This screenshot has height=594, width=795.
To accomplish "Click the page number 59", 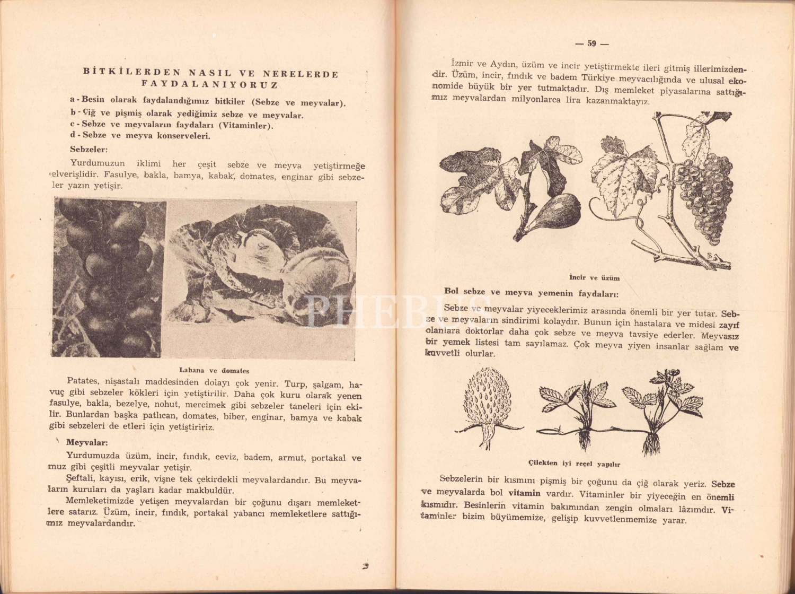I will click(591, 44).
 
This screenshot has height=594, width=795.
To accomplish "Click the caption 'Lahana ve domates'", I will click(214, 371).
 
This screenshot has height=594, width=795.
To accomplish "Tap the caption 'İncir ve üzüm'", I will click(594, 277).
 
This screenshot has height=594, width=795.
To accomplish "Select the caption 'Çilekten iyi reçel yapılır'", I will click(575, 464).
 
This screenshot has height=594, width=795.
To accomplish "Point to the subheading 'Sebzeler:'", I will click(89, 150).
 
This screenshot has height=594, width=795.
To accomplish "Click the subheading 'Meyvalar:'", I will click(87, 442).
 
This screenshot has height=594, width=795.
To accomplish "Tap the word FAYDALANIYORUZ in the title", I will click(209, 85).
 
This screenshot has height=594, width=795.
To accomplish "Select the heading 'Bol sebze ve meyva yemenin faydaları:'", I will click(532, 293).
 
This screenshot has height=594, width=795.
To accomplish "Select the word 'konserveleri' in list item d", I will click(183, 136).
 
